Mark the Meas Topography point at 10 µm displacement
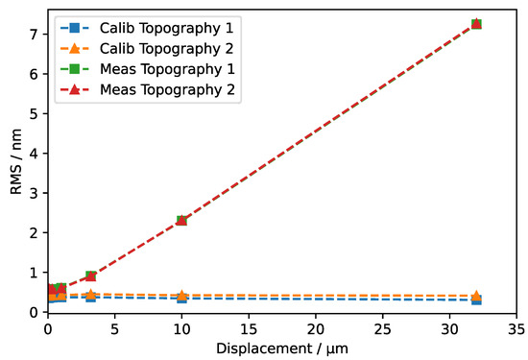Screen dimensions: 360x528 (181, 221)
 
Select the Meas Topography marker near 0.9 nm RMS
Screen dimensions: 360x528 (91, 276)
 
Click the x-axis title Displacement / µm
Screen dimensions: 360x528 (282, 347)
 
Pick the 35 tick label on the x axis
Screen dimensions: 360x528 (516, 328)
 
